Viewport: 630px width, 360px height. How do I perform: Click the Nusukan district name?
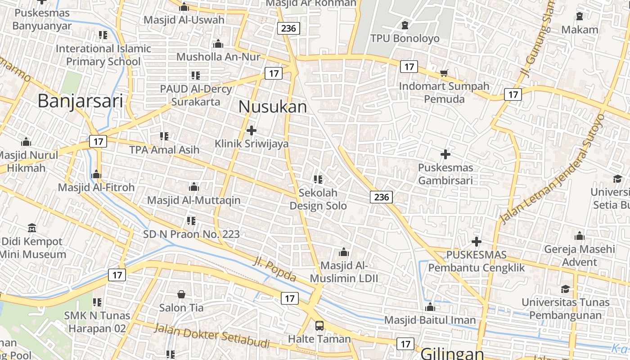pos(272,107)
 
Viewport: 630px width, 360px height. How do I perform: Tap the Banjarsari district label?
pos(80,101)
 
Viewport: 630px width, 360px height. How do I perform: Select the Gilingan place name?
pos(452,353)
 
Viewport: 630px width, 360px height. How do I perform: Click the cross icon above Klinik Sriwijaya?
pos(252,130)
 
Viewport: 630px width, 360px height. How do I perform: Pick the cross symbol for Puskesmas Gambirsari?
pos(445,154)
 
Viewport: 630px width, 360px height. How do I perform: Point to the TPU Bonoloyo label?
pos(405,38)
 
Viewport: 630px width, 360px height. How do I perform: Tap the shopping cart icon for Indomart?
pos(444,73)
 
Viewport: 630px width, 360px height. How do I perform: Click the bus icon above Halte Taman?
pos(319,325)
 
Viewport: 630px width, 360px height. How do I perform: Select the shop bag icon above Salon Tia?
pos(181,294)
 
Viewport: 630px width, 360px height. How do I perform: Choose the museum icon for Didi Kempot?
pos(31,228)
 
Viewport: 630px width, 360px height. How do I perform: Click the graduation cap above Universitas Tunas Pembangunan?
pos(565,289)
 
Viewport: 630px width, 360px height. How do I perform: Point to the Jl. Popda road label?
pos(274,269)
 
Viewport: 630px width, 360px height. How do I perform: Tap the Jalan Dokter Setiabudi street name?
pos(211,336)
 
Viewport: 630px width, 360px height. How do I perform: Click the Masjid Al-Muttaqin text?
pos(194,200)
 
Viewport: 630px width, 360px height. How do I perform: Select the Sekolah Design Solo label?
pos(318,199)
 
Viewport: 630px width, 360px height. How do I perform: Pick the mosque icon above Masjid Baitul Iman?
pos(430,307)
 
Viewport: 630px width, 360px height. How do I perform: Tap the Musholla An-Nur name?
pos(218,57)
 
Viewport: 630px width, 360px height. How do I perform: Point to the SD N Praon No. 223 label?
pos(191,234)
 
